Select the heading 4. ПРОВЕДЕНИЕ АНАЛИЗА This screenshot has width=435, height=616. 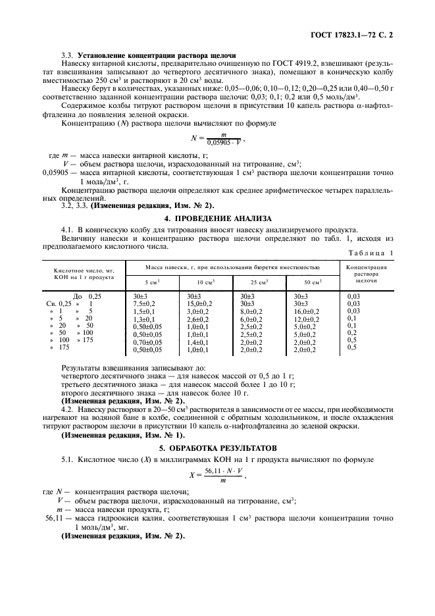(x=217, y=217)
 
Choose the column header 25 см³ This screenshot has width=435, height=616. (x=251, y=282)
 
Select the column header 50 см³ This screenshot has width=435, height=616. (x=306, y=282)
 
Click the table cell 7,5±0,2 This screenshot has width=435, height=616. (x=144, y=303)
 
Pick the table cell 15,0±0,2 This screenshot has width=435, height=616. (x=199, y=303)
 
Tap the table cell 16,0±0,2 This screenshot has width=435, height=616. (x=307, y=311)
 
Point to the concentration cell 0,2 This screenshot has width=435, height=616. (x=351, y=332)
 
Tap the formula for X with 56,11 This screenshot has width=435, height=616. (x=217, y=475)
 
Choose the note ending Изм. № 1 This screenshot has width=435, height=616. (x=123, y=435)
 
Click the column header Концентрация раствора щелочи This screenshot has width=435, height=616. (x=371, y=273)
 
